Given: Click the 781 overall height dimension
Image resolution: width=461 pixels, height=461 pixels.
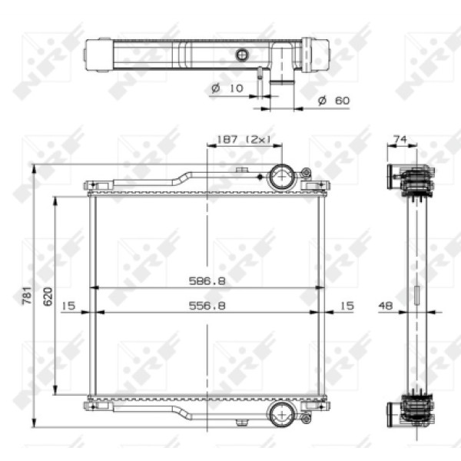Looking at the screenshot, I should [26, 294].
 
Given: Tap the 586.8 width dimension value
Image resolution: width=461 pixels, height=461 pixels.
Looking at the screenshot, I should [207, 281].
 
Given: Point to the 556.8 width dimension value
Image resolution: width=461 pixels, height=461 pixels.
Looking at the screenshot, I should [207, 305].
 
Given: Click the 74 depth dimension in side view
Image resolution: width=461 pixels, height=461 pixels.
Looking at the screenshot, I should [400, 139].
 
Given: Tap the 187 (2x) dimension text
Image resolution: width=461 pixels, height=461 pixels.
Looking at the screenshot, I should [245, 139].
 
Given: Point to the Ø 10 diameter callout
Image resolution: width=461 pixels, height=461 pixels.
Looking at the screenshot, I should [227, 88].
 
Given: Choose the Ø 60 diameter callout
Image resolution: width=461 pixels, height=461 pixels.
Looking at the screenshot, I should [333, 101].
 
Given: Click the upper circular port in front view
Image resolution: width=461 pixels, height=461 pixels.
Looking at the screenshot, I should [282, 177].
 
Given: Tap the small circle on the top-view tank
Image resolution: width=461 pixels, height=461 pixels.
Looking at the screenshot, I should [243, 55].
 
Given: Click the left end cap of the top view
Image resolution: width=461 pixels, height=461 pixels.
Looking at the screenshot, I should [98, 55].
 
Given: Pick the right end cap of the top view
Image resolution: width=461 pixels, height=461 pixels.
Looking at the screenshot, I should [315, 55].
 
